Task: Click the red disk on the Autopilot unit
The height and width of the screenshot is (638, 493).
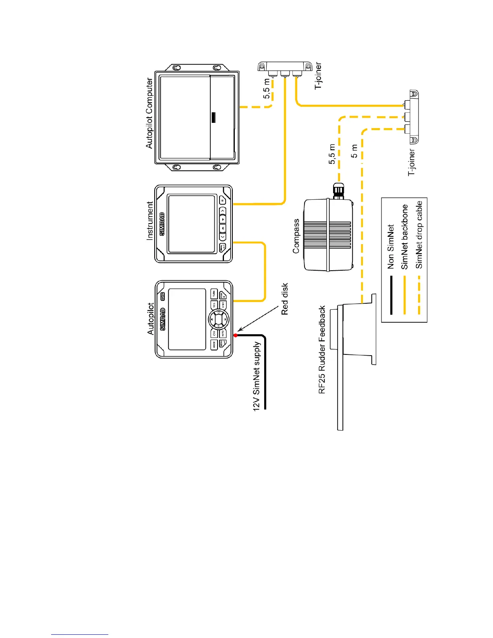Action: (x=236, y=335)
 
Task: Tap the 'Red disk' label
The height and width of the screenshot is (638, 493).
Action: (x=285, y=298)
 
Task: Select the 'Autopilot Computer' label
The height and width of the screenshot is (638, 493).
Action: (x=149, y=113)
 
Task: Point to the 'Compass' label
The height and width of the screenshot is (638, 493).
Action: (x=296, y=236)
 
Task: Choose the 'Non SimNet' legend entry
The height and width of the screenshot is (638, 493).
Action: (x=390, y=246)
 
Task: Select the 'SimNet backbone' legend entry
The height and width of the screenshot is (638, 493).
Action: (x=404, y=237)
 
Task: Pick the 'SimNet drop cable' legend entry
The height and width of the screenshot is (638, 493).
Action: (x=419, y=235)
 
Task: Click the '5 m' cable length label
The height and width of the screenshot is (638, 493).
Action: (x=354, y=151)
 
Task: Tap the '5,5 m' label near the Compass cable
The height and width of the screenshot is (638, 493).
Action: (x=332, y=154)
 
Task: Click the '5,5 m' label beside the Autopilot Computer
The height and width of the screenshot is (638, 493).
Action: (x=267, y=89)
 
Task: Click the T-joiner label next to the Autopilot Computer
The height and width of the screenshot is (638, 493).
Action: (x=318, y=75)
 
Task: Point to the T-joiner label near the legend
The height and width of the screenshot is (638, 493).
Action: (x=412, y=162)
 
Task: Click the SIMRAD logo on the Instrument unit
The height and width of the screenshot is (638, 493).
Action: (x=162, y=224)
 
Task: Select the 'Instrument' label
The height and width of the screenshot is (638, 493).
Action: (x=149, y=221)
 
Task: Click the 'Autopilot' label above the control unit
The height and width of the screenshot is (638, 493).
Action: (x=151, y=319)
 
